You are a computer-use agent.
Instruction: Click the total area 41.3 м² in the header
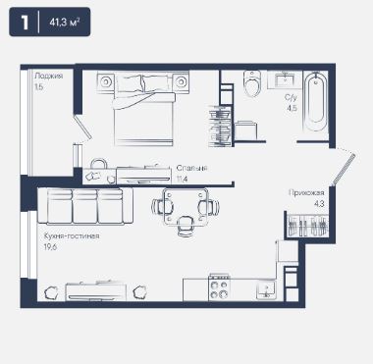[65, 23]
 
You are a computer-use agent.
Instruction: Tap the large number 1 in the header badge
[25, 23]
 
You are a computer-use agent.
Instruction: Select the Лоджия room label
[49, 76]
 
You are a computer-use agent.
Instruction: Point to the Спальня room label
[192, 168]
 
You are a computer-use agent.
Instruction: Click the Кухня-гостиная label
[72, 235]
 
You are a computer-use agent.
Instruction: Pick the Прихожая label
[306, 192]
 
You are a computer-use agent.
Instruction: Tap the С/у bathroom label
[291, 97]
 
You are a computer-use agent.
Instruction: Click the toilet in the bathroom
[252, 83]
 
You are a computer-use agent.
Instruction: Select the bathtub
[315, 102]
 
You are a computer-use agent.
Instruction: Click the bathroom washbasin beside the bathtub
[285, 79]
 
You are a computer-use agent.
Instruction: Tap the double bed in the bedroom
[143, 108]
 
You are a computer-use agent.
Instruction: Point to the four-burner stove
[220, 287]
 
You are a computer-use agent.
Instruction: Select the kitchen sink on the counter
[266, 289]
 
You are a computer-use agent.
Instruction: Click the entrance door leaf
[344, 170]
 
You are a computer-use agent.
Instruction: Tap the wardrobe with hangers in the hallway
[307, 225]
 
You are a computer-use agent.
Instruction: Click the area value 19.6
[50, 247]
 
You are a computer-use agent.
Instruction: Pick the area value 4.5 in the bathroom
[292, 108]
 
